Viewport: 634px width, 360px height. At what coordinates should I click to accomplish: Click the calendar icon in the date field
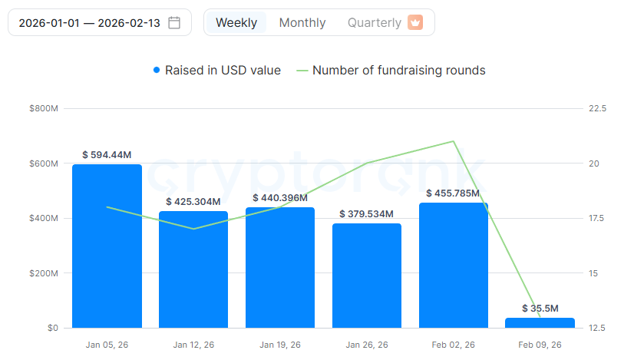point(174,22)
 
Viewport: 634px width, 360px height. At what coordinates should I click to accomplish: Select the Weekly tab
point(236,22)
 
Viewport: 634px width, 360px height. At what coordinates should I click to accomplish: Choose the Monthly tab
point(302,22)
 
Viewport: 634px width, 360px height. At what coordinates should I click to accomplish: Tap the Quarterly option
point(375,22)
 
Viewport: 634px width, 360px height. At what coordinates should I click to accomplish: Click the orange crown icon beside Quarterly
point(415,22)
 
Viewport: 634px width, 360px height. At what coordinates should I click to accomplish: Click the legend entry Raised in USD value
point(217,70)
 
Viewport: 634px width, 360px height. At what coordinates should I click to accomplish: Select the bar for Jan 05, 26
point(107,246)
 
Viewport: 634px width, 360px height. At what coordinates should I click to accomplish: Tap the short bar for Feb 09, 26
point(540,323)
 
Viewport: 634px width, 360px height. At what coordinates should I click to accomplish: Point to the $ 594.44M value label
point(107,155)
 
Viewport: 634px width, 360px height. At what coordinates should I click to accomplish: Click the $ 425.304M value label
point(193,202)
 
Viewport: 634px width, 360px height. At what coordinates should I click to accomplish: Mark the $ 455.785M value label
point(454,193)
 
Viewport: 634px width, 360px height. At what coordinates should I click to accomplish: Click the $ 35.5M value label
point(540,309)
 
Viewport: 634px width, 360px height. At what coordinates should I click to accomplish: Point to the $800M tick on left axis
point(43,109)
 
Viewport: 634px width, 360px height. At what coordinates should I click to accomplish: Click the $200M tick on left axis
point(43,273)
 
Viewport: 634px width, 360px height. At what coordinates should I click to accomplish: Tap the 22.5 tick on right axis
point(596,109)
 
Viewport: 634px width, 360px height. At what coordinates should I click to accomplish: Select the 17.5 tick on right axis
point(596,219)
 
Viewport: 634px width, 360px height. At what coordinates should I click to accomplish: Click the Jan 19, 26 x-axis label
point(280,345)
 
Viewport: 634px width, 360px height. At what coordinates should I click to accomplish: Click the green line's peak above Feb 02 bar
point(454,141)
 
